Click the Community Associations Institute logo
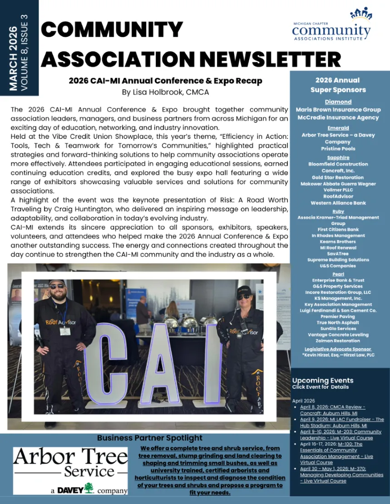(x=331, y=26)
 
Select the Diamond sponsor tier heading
(x=338, y=102)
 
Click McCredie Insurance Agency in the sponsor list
(x=338, y=117)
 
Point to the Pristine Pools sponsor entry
(x=338, y=149)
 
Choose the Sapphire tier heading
(x=338, y=157)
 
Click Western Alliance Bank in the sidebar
(x=338, y=203)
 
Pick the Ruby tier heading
(x=338, y=211)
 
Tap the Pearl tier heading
(x=338, y=274)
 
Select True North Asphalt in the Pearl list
(x=338, y=323)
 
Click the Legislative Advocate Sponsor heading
(x=338, y=349)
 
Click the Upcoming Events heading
(x=322, y=380)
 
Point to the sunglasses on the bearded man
(x=57, y=286)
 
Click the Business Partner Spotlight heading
(x=149, y=438)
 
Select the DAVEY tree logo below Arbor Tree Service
(x=89, y=488)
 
